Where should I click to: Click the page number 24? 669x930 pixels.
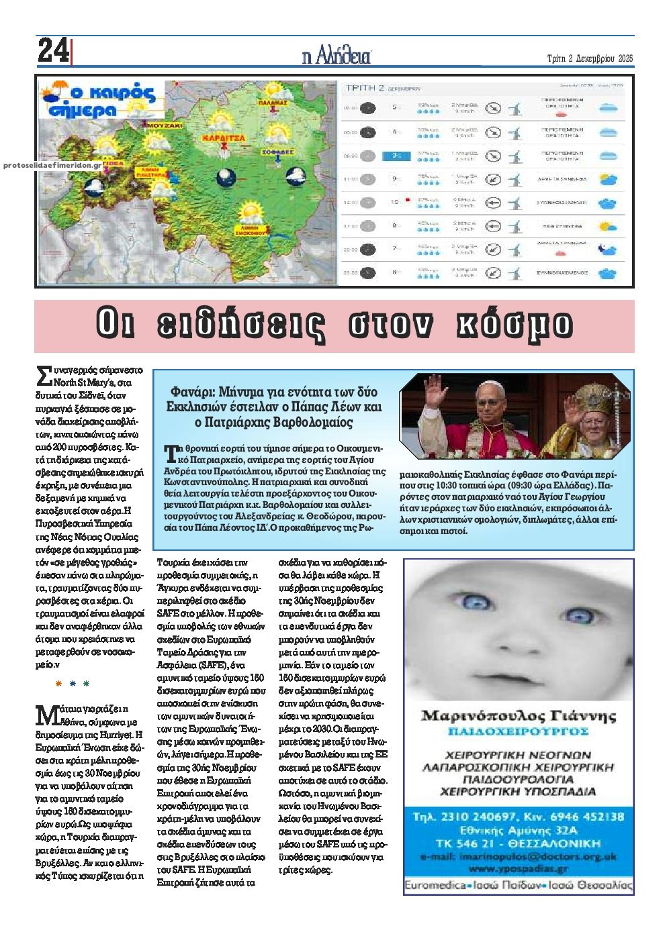(x=52, y=51)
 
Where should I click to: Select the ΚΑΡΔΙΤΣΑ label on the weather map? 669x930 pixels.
(x=221, y=137)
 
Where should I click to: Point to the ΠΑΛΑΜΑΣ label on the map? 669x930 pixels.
(x=272, y=103)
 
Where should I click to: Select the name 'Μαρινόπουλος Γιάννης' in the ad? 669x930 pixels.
(x=518, y=715)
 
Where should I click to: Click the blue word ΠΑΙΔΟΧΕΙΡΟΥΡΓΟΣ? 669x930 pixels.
(x=518, y=731)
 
